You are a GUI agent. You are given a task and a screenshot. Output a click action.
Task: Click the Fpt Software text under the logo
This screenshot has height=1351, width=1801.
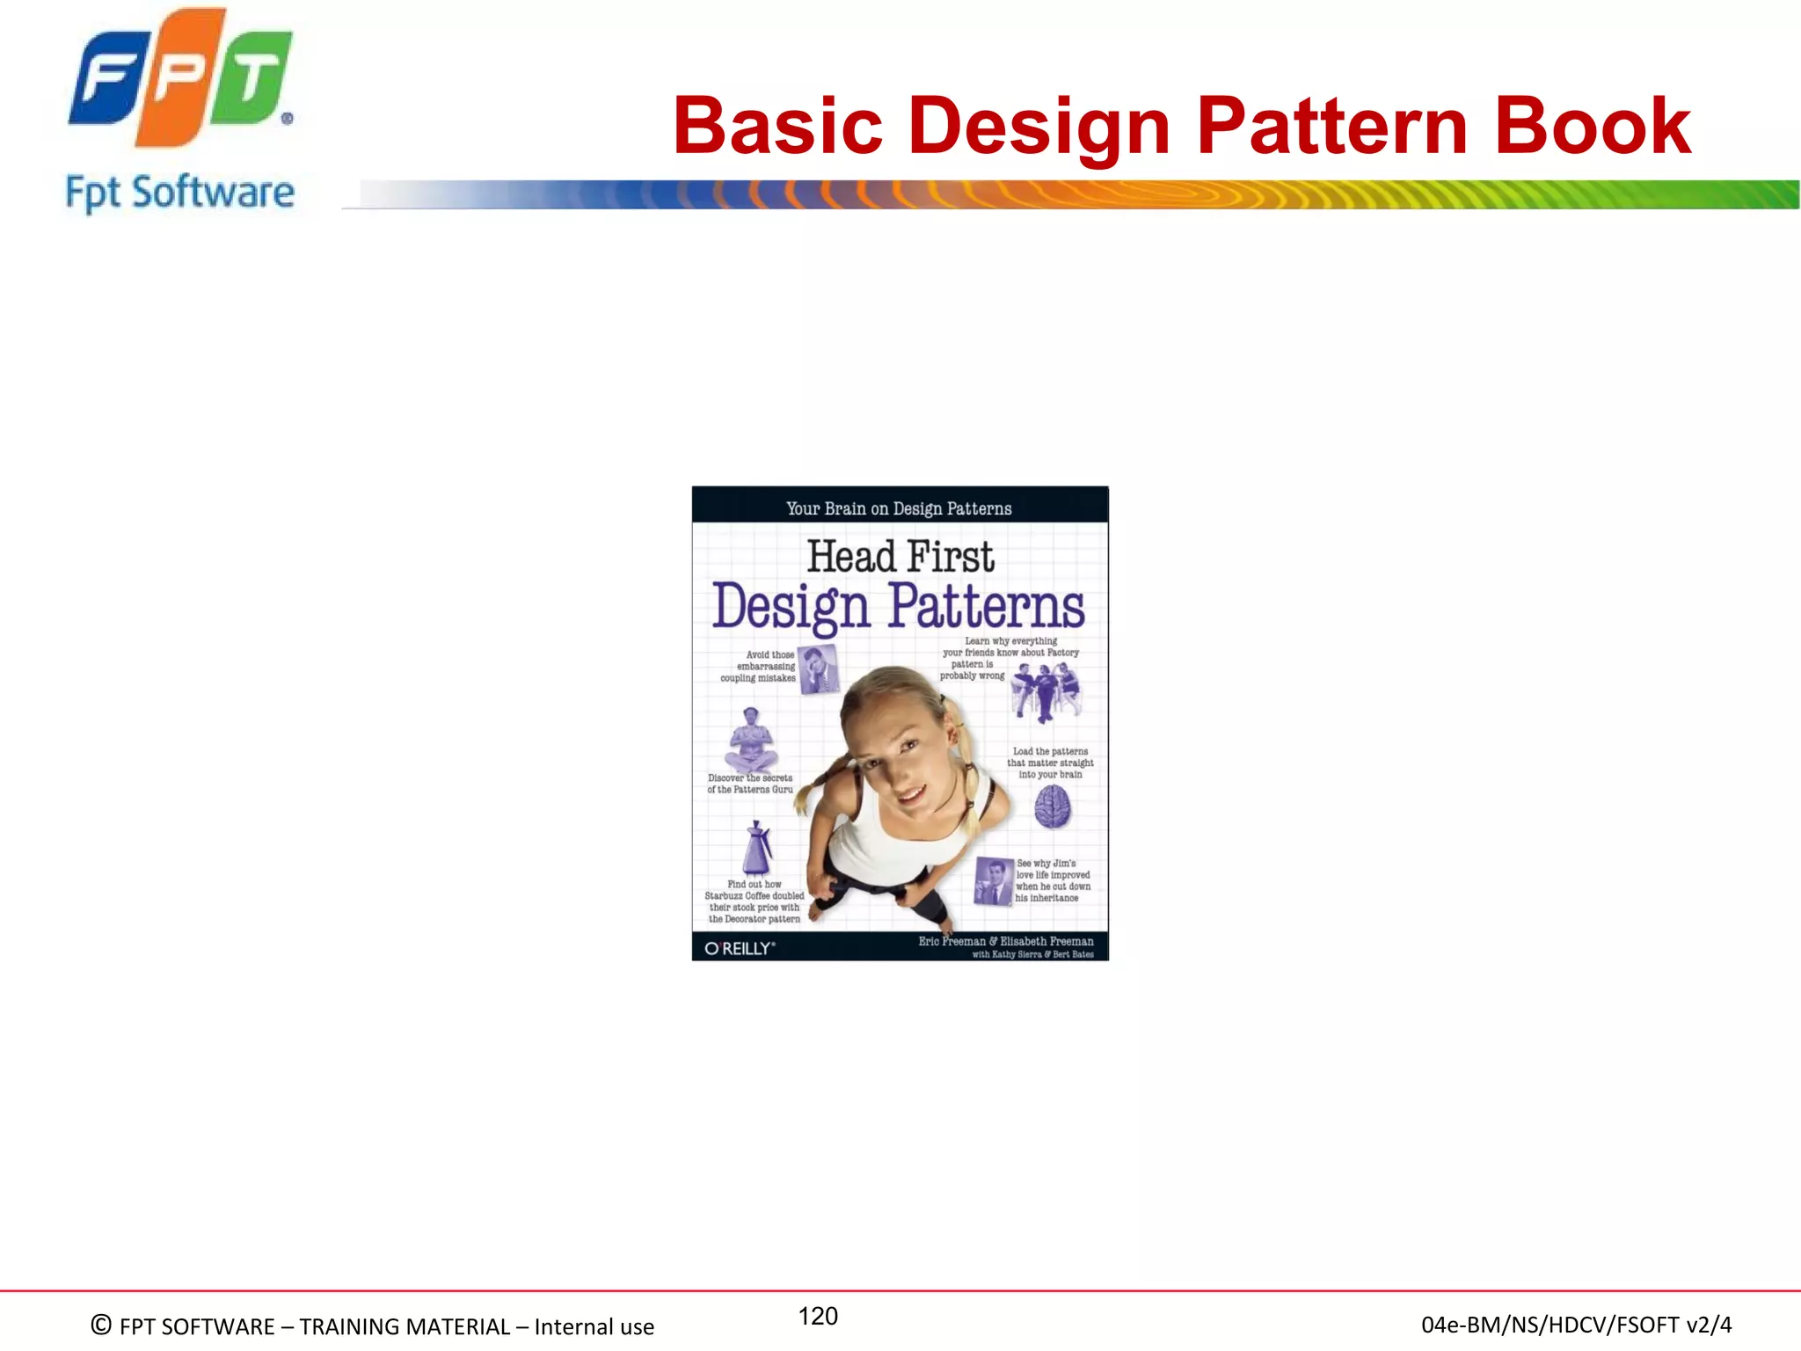point(179,192)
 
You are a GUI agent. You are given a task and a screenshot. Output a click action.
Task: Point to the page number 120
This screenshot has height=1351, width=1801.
point(818,1316)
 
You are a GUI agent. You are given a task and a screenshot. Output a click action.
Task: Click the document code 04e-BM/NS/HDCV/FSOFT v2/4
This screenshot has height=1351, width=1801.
point(1576,1325)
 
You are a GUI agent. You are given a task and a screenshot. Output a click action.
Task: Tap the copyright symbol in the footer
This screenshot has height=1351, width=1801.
point(101,1325)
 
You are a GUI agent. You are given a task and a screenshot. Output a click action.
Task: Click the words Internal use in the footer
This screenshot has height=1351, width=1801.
point(594,1326)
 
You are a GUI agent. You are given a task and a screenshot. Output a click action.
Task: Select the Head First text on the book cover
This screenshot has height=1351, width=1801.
point(900,556)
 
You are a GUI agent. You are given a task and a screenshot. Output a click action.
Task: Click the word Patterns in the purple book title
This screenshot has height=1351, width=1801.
point(986,606)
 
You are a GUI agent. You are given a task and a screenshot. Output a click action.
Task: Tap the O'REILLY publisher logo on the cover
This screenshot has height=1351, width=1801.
point(740,948)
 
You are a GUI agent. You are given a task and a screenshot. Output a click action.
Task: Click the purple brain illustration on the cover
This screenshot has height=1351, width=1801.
point(1052,807)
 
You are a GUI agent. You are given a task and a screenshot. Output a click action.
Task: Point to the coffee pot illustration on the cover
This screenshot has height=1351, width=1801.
point(757,848)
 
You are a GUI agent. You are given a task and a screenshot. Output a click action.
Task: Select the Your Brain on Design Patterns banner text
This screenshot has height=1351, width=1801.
point(899,508)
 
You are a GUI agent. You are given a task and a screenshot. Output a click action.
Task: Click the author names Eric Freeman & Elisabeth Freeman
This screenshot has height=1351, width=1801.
point(1006,941)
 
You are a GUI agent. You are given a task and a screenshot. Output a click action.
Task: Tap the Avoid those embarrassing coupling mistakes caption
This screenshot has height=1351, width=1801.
point(759,666)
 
